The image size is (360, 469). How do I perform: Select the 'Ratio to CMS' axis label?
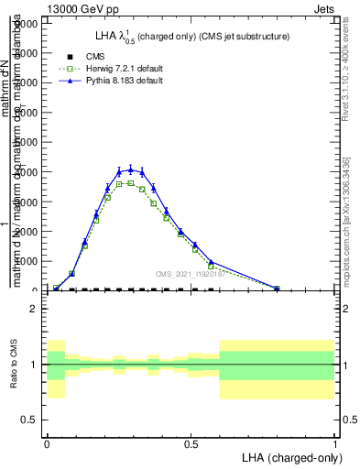[x=15, y=365]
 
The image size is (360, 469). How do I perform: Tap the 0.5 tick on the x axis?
[x=191, y=442]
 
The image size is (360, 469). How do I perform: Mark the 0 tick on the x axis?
[x=47, y=442]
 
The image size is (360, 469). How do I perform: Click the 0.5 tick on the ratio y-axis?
[x=29, y=420]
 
